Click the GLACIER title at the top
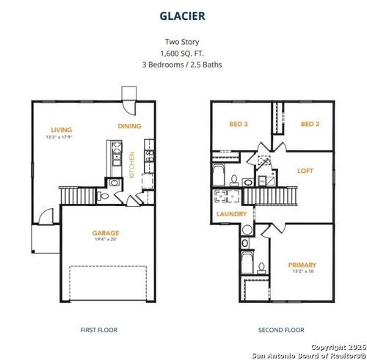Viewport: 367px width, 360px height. click(183, 14)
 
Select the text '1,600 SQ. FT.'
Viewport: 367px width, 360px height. click(183, 54)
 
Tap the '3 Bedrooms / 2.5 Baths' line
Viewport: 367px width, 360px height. click(183, 65)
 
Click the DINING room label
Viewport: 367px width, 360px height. click(129, 126)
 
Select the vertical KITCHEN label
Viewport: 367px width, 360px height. click(132, 165)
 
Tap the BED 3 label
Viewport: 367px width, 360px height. click(238, 124)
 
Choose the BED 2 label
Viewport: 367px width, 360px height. click(310, 124)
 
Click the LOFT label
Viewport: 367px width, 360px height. click(305, 170)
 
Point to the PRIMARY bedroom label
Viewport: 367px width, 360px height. click(302, 265)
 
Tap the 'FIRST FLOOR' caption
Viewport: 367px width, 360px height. click(98, 330)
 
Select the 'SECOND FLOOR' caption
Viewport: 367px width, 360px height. click(280, 330)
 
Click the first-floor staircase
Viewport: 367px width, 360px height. click(78, 196)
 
